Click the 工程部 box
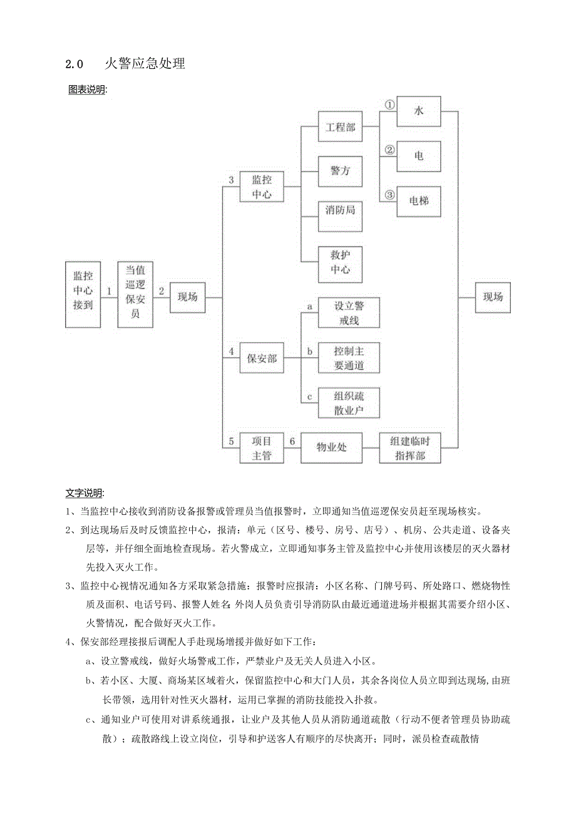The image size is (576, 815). coord(340,127)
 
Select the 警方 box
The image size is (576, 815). coord(340,171)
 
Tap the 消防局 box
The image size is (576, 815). coord(340,210)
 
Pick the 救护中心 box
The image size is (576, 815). coord(340,264)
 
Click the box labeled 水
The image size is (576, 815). coord(419,112)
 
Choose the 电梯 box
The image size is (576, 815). coord(419,201)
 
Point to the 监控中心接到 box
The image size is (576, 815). coord(83,294)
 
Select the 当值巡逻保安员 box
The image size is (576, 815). coord(135,294)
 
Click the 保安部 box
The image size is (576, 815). coord(262,359)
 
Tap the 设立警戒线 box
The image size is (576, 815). coord(349,313)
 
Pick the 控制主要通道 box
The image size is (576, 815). coord(349,358)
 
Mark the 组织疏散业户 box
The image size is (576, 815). coord(349,403)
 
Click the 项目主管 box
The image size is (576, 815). coord(262,448)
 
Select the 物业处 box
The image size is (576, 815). coord(332,447)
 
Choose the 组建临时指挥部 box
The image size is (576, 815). coord(410,448)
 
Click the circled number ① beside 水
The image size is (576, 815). coord(389,105)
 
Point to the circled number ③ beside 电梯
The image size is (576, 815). coord(389,195)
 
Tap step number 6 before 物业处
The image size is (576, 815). coord(292,441)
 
